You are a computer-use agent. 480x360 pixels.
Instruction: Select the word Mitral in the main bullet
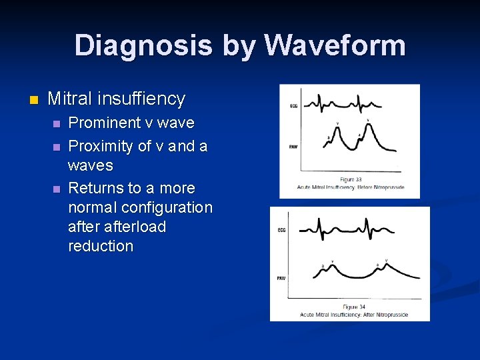[73, 99]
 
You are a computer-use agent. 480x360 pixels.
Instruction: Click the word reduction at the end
[101, 246]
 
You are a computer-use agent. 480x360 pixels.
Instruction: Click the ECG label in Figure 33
[293, 106]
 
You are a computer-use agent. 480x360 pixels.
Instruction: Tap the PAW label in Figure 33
[293, 147]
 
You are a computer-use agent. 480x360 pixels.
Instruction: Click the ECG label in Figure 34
[281, 231]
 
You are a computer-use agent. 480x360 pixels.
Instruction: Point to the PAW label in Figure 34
[281, 277]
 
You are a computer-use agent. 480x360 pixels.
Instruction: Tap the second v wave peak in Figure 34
[387, 264]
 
